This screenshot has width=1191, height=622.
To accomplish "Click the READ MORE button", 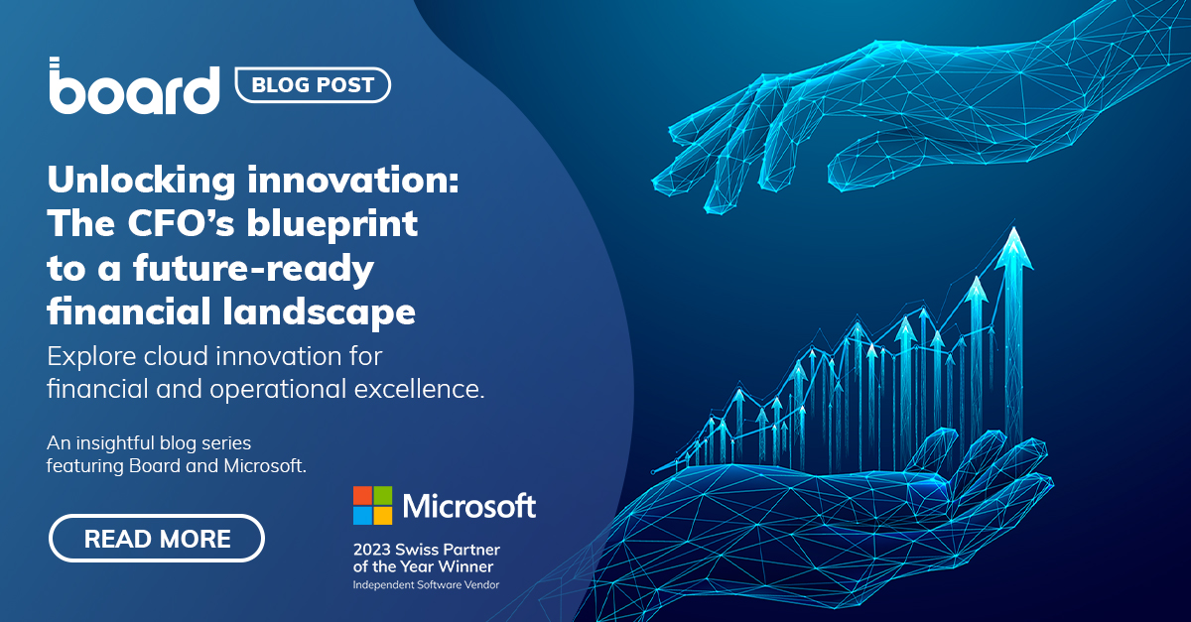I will (x=157, y=539).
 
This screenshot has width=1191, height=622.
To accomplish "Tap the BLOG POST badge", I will (x=313, y=85).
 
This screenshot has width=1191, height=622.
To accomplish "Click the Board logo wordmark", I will (x=134, y=87).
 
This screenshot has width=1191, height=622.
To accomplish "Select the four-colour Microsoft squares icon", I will (x=372, y=505).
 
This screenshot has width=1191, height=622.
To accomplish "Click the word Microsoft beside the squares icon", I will (x=468, y=506).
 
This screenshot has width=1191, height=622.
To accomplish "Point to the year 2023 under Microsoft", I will (x=372, y=549).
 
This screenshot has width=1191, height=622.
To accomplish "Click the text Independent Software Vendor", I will (x=426, y=585).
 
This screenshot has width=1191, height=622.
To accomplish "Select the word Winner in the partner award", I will (x=464, y=566).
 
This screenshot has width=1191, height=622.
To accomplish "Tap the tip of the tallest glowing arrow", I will (x=1013, y=232).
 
